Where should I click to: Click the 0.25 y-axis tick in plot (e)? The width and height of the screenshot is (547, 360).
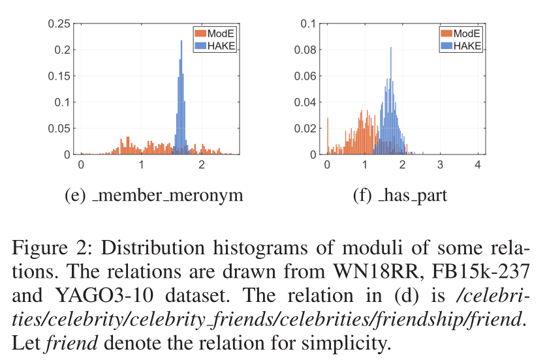click(x=59, y=24)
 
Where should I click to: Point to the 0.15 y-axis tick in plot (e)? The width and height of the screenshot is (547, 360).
click(x=59, y=76)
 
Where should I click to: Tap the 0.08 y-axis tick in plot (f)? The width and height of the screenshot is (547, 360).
click(x=307, y=50)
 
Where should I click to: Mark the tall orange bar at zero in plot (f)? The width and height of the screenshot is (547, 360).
click(x=328, y=137)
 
